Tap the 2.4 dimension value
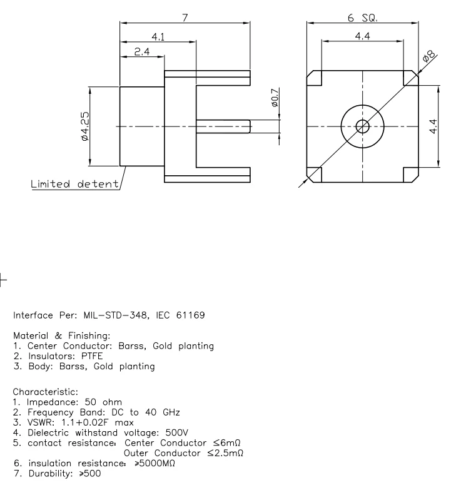click(142, 52)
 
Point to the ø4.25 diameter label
click(84, 126)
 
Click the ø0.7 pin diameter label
click(275, 101)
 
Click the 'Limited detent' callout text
click(75, 184)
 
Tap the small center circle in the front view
click(362, 126)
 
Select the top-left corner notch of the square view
click(314, 78)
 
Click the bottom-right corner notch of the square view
click(410, 175)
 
